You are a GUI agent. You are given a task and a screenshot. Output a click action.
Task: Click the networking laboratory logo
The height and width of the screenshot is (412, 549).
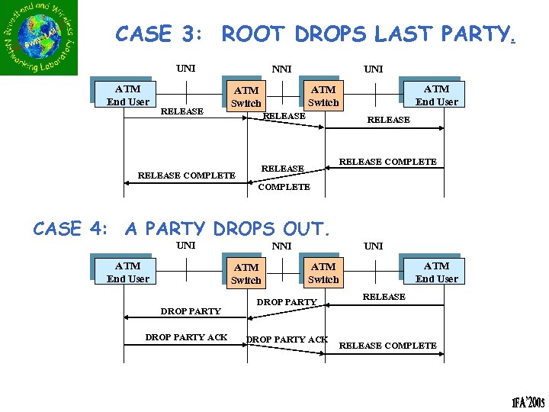pos(40,38)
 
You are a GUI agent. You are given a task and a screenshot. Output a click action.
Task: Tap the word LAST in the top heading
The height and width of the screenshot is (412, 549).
pos(406,34)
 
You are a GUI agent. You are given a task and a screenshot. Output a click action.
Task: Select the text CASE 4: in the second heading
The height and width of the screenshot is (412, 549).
pos(74,229)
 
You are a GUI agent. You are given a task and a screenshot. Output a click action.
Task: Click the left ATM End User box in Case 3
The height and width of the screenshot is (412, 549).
pos(127,95)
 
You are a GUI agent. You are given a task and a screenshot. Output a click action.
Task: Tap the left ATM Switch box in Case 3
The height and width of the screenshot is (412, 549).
pos(246,97)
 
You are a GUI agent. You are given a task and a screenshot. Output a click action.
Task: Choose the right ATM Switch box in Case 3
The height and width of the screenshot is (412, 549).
pos(323,96)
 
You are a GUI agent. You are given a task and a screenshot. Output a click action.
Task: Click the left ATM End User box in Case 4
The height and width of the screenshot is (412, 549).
pos(127,272)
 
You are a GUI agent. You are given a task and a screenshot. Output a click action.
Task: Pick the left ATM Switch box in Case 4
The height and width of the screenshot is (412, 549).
pos(246,274)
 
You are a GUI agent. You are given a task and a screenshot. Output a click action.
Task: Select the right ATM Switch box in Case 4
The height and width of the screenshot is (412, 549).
pos(323,273)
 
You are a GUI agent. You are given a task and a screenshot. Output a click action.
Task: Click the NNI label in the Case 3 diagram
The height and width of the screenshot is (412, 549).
pos(281,69)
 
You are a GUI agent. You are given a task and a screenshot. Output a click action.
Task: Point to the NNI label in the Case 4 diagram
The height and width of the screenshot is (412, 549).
pos(281,246)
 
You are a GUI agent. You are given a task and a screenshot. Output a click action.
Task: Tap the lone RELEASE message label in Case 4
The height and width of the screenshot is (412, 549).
pos(384,297)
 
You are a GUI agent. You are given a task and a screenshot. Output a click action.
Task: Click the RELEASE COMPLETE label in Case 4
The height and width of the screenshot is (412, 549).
pos(387,346)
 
